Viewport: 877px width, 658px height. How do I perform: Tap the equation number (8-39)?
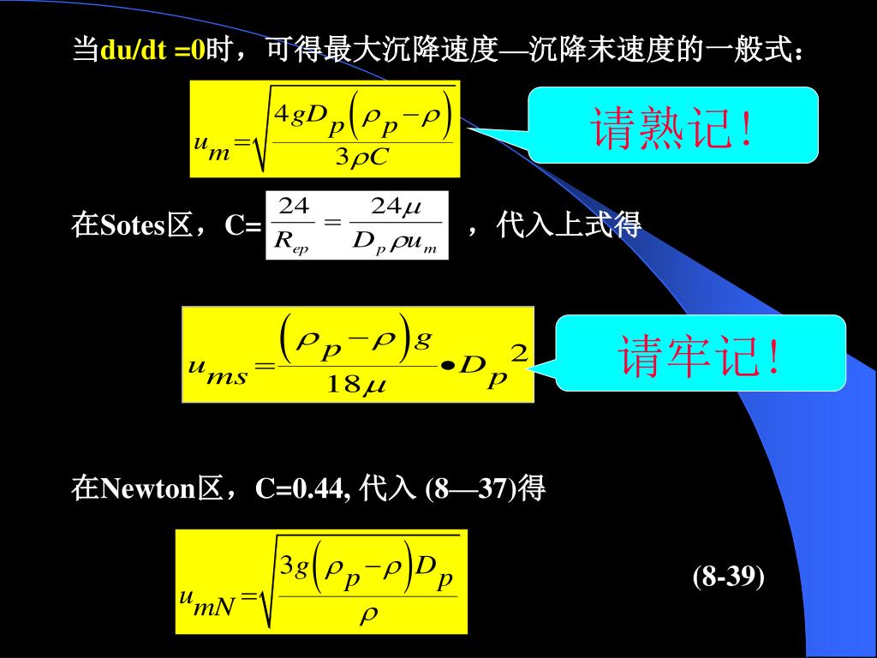coord(728,577)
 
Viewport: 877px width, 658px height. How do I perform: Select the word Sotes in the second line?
coord(132,226)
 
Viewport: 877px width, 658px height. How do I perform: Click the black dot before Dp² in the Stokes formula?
coord(447,367)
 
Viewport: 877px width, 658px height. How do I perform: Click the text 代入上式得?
coord(569,226)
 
